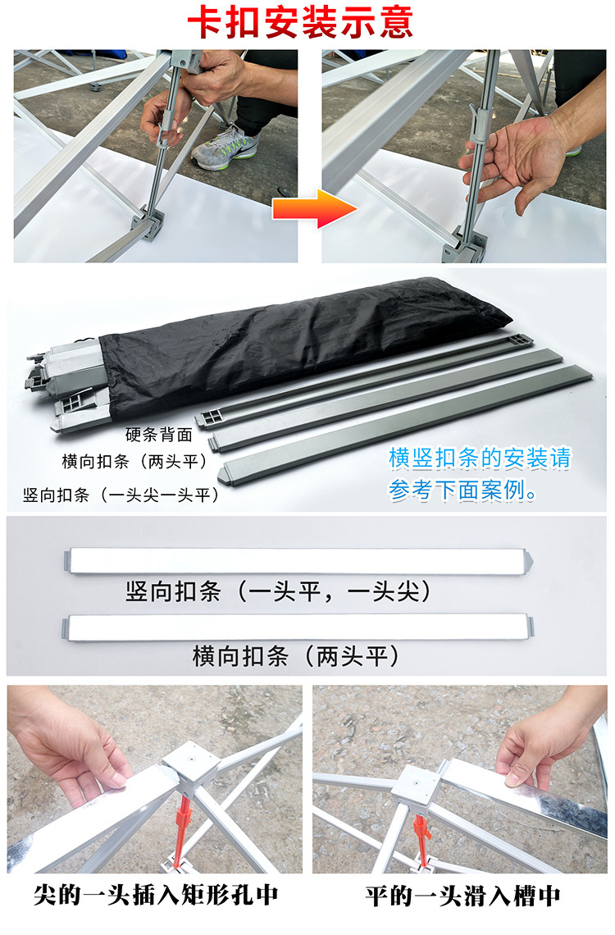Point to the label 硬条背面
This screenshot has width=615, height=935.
[x=158, y=435]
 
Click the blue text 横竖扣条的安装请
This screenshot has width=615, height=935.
[x=480, y=458]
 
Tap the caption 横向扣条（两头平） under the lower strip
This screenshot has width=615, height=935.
[x=296, y=656]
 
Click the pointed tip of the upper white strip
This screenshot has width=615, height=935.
[x=529, y=562]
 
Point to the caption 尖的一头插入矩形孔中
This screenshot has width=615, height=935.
[x=156, y=894]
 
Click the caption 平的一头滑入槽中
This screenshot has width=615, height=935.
[x=462, y=894]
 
